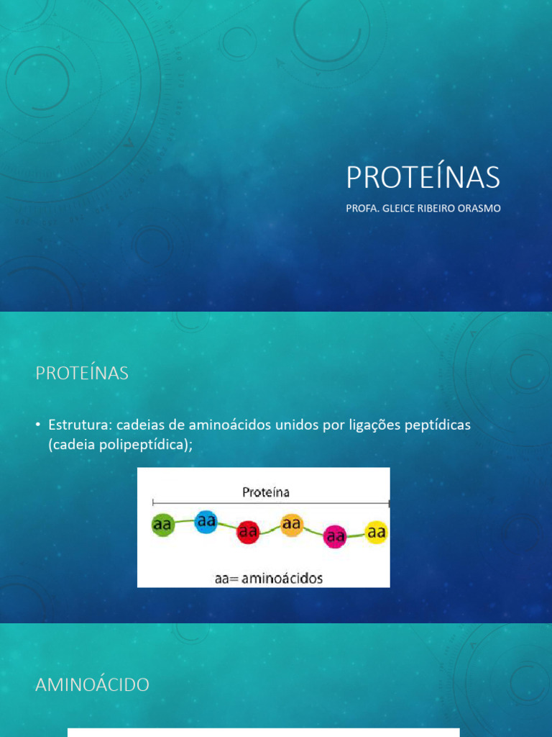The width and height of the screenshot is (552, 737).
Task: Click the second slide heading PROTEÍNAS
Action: pyautogui.click(x=82, y=374)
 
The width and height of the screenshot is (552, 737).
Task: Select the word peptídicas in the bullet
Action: pyautogui.click(x=436, y=425)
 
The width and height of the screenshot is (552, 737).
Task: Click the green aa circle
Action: pyautogui.click(x=162, y=525)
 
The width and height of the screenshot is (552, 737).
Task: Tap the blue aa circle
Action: pyautogui.click(x=206, y=522)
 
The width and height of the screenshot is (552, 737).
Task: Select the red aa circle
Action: pyautogui.click(x=248, y=533)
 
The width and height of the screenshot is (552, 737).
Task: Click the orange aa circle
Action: pyautogui.click(x=291, y=525)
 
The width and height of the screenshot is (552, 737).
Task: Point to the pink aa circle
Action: pyautogui.click(x=335, y=536)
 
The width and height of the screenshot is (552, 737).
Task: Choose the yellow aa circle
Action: pyautogui.click(x=377, y=533)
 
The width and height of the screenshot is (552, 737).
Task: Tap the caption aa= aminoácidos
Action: pyautogui.click(x=269, y=577)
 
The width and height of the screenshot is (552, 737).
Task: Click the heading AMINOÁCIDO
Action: pyautogui.click(x=92, y=685)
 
